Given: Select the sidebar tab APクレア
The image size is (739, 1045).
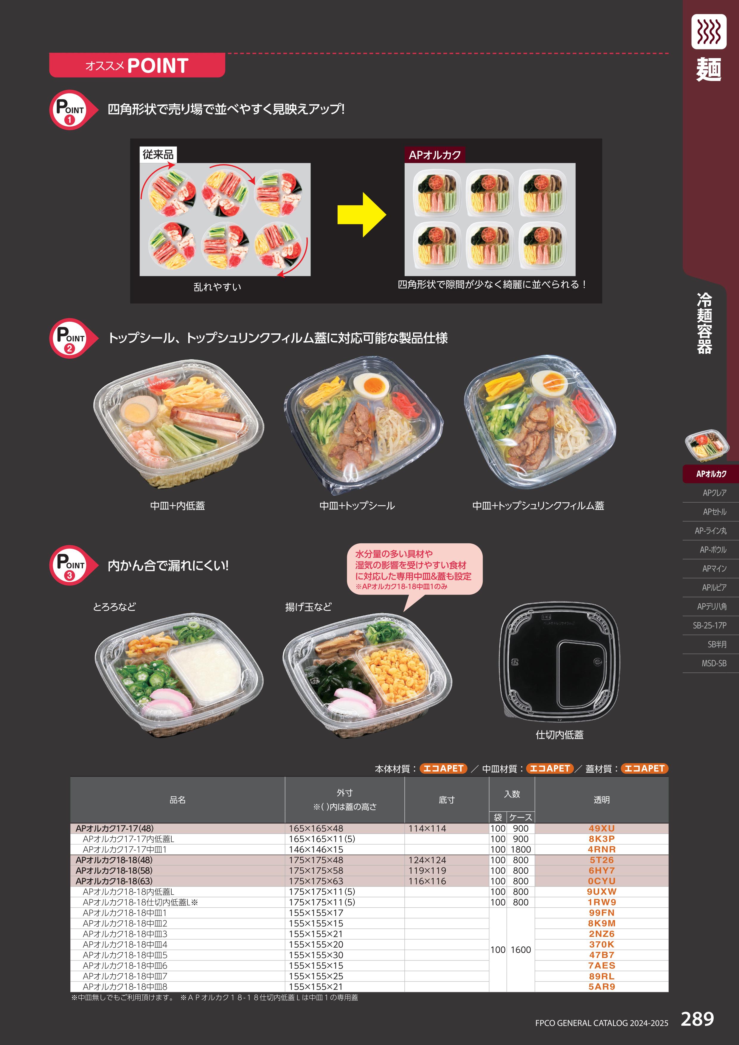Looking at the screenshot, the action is (714, 493).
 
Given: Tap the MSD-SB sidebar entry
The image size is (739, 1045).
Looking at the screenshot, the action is (714, 663).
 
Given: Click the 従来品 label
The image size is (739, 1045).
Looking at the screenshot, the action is (158, 154).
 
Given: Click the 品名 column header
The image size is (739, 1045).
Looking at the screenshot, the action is (178, 800).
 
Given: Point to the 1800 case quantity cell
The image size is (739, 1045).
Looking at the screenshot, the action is (521, 849).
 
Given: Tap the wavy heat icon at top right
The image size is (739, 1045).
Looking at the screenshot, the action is (709, 31).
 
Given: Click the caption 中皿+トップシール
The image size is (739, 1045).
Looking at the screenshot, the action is (357, 506).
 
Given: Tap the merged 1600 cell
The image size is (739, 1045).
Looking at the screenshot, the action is (521, 950).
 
